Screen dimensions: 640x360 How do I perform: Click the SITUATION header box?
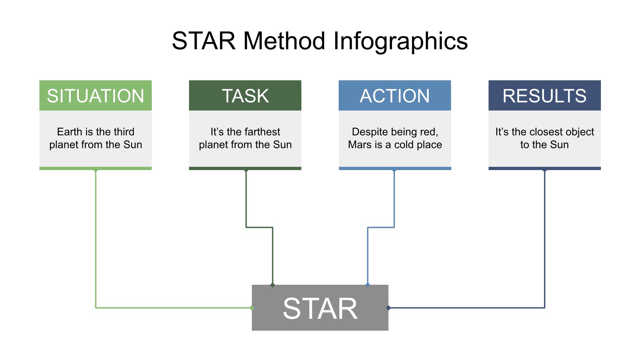95,95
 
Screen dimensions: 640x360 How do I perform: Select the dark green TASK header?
245,95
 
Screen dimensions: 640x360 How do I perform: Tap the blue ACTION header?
395,95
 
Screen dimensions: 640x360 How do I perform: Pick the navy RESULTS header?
545,95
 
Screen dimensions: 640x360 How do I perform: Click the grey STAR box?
320,308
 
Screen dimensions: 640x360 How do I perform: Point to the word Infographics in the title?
401,41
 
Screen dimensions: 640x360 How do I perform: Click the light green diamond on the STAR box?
252,308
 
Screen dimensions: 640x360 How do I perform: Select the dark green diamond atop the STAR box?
273,285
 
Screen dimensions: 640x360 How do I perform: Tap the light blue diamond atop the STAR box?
368,285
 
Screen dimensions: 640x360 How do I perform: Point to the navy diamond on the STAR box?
388,308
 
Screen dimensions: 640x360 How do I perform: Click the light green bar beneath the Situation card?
95,168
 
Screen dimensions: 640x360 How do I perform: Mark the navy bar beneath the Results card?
545,168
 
